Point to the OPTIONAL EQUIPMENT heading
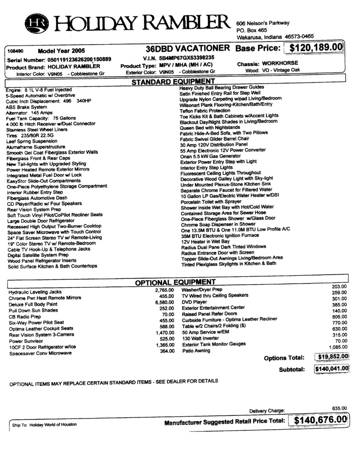pyautogui.click(x=175, y=282)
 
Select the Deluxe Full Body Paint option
pyautogui.click(x=33, y=304)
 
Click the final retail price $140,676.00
pyautogui.click(x=319, y=420)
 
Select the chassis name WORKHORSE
pyautogui.click(x=281, y=63)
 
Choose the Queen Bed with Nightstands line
pyautogui.click(x=210, y=127)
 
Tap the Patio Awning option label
pyautogui.click(x=196, y=351)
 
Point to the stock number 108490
pyautogui.click(x=16, y=51)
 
